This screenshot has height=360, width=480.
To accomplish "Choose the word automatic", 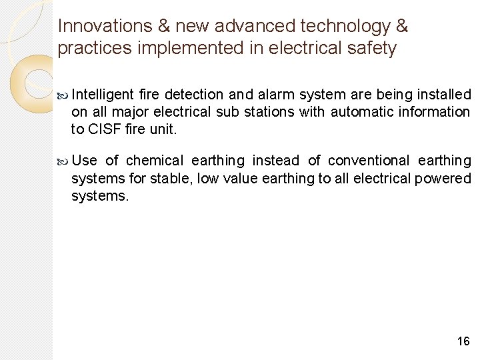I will pos(361,112).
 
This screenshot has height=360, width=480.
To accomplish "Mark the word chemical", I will pos(154,161).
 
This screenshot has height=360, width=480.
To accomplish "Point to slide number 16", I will pos(463,341).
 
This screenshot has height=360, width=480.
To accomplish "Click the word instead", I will pos(275,161).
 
